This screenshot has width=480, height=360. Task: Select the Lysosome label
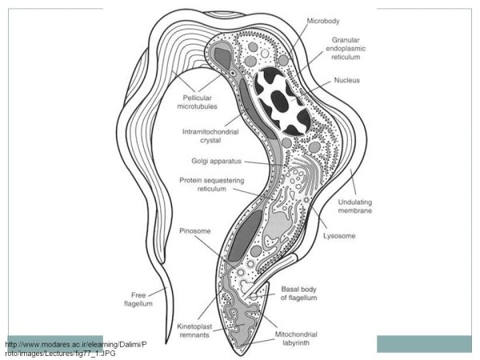tap(340, 236)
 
